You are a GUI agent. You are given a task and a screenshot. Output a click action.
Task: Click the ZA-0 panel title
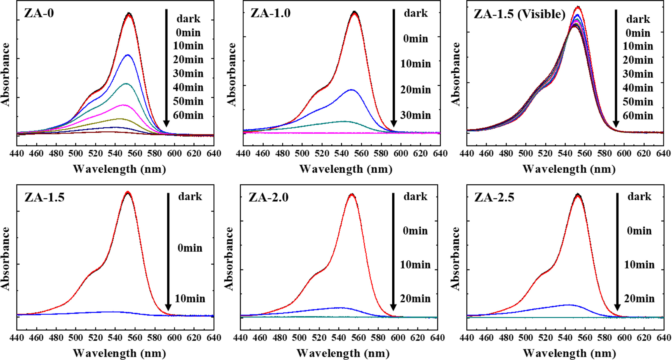pyautogui.click(x=39, y=13)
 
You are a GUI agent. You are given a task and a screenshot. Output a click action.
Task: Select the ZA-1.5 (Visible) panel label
pyautogui.click(x=519, y=14)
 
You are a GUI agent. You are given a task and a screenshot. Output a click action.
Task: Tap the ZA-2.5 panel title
pyautogui.click(x=494, y=197)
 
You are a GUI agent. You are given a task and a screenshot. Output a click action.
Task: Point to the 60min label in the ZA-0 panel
pyautogui.click(x=188, y=115)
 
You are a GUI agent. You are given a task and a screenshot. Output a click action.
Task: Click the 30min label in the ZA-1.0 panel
pyautogui.click(x=415, y=115)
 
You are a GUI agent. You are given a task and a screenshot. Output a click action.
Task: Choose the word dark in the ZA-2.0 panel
pyautogui.click(x=415, y=196)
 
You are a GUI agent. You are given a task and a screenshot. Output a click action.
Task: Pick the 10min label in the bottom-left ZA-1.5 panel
pyautogui.click(x=190, y=298)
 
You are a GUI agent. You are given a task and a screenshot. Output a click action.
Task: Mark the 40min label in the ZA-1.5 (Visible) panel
pyautogui.click(x=638, y=88)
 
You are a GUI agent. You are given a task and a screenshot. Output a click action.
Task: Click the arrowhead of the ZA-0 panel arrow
pyautogui.click(x=166, y=124)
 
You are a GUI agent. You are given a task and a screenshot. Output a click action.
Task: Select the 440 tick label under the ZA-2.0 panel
pyautogui.click(x=240, y=338)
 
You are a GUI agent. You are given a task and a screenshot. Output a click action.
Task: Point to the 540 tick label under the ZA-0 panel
pyautogui.click(x=115, y=153)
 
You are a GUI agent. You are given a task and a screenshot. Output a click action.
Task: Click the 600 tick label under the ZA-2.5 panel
pyautogui.click(x=624, y=338)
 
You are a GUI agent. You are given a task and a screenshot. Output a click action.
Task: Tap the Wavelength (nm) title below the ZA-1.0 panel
pyautogui.click(x=346, y=169)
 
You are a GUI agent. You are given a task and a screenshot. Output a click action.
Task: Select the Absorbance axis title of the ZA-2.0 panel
pyautogui.click(x=229, y=259)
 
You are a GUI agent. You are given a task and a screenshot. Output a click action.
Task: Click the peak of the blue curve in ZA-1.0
pyautogui.click(x=351, y=90)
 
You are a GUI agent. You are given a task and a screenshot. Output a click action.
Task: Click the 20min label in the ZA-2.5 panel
pyautogui.click(x=639, y=298)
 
